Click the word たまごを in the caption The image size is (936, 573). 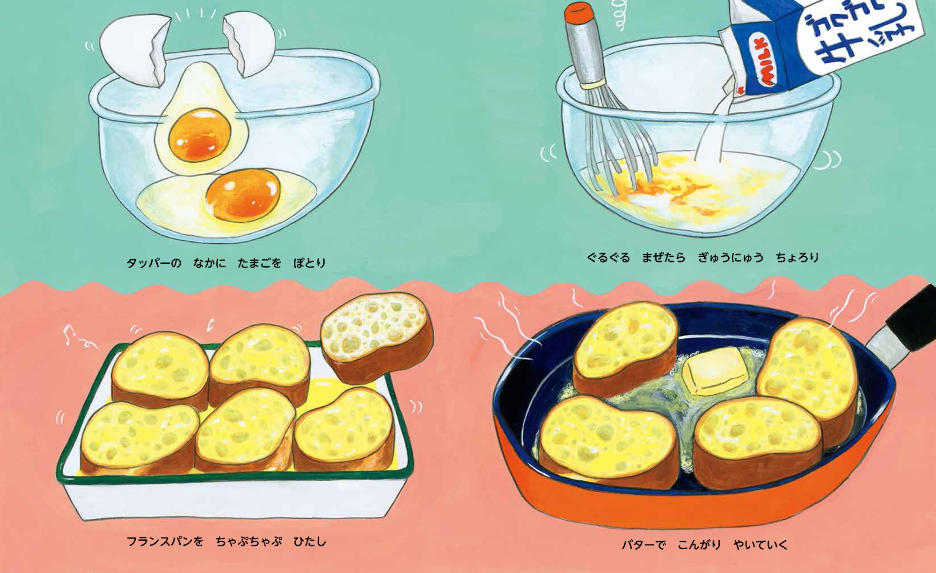pyautogui.click(x=259, y=263)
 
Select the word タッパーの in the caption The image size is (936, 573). pyautogui.click(x=154, y=263)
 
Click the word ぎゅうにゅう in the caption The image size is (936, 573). pyautogui.click(x=731, y=258)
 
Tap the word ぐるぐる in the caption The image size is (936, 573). pyautogui.click(x=608, y=258)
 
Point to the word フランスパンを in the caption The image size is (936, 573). pyautogui.click(x=165, y=542)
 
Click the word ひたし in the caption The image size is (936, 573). pyautogui.click(x=309, y=542)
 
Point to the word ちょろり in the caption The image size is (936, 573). pyautogui.click(x=797, y=258)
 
